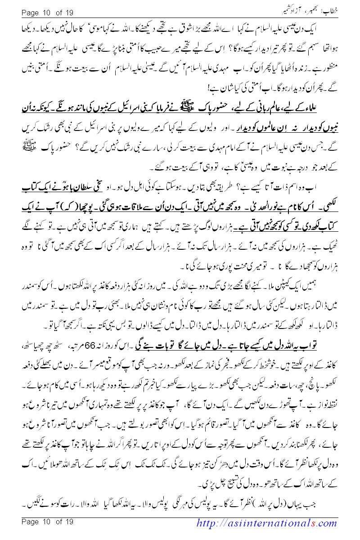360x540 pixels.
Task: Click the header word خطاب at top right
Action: tap(345, 9)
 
